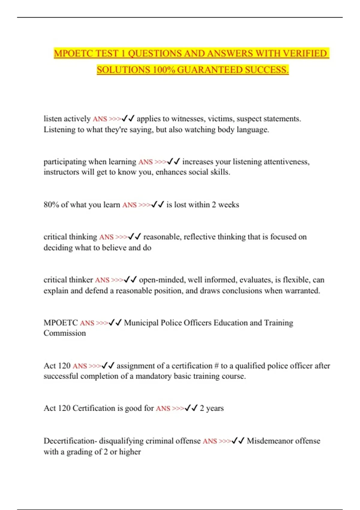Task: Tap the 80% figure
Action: (x=51, y=205)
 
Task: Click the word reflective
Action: (x=199, y=237)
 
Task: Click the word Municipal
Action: (x=141, y=322)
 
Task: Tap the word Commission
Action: (x=64, y=333)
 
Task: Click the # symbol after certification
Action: (x=216, y=366)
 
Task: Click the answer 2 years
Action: (x=212, y=408)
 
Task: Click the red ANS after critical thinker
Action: (x=102, y=280)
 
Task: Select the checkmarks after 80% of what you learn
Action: (x=157, y=205)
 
